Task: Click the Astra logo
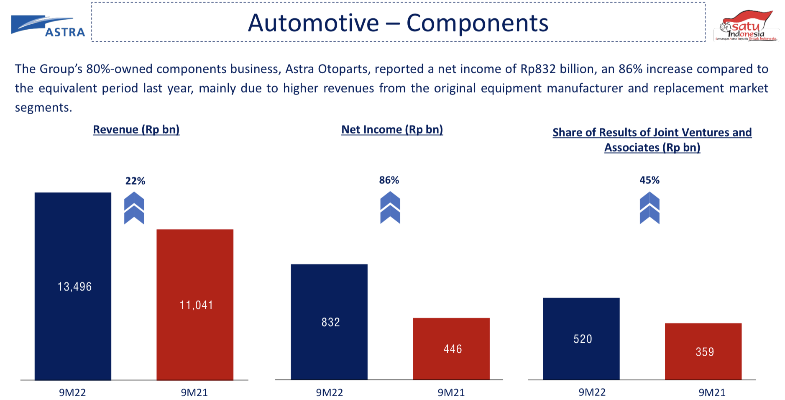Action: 48,26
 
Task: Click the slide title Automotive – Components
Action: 398,23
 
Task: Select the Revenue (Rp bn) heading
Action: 136,130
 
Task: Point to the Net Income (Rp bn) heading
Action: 392,130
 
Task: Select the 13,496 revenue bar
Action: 73,286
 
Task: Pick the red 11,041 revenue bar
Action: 195,305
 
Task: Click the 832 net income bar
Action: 329,322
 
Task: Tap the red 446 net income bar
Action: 451,349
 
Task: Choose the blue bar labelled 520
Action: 581,338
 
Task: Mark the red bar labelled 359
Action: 703,351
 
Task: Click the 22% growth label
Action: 135,181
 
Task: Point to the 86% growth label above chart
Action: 389,180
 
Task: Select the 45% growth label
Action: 649,180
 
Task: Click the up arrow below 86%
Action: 390,208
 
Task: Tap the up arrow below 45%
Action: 649,208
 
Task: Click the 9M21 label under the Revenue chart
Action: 194,392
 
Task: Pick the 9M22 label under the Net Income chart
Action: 329,392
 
